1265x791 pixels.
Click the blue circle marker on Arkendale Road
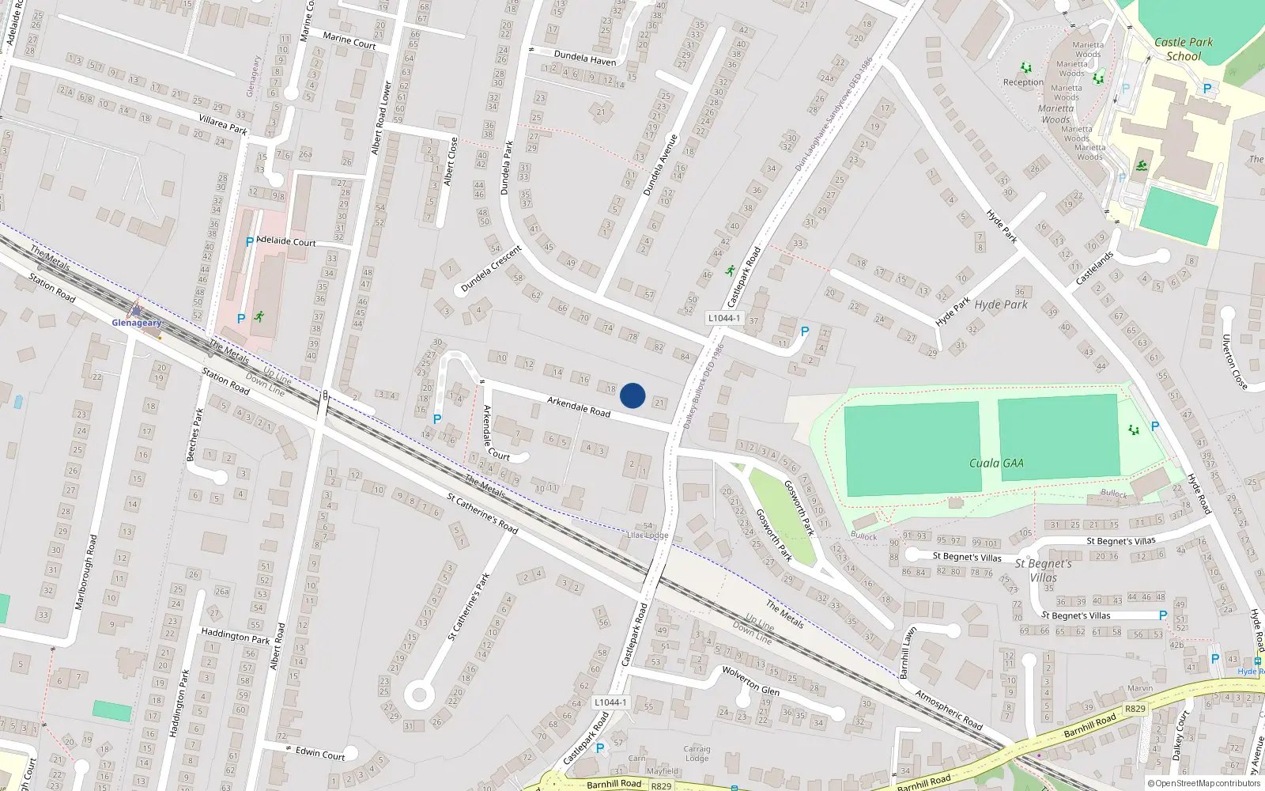pyautogui.click(x=632, y=395)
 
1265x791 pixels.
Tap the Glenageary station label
pyautogui.click(x=136, y=323)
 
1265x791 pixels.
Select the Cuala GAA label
pyautogui.click(x=996, y=464)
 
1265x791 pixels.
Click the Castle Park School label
pyautogui.click(x=1183, y=49)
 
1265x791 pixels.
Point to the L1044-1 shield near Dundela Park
pyautogui.click(x=724, y=318)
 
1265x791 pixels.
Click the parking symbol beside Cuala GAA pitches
pyautogui.click(x=1155, y=426)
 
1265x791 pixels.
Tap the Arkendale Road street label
pyautogui.click(x=579, y=407)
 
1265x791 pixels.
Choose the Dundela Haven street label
pyautogui.click(x=585, y=58)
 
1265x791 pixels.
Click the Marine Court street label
pyautogui.click(x=349, y=40)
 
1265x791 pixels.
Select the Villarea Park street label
pyautogui.click(x=223, y=123)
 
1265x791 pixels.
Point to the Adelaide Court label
pyautogui.click(x=286, y=241)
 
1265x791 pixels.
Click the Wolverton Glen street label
pyautogui.click(x=750, y=680)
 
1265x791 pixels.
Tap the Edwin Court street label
pyautogui.click(x=320, y=753)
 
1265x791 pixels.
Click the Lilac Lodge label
pyautogui.click(x=648, y=536)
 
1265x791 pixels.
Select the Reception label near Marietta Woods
pyautogui.click(x=1023, y=82)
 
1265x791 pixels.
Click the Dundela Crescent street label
pyautogui.click(x=491, y=269)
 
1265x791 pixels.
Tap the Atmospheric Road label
pyautogui.click(x=949, y=710)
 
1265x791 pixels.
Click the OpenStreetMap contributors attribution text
pyautogui.click(x=1203, y=784)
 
